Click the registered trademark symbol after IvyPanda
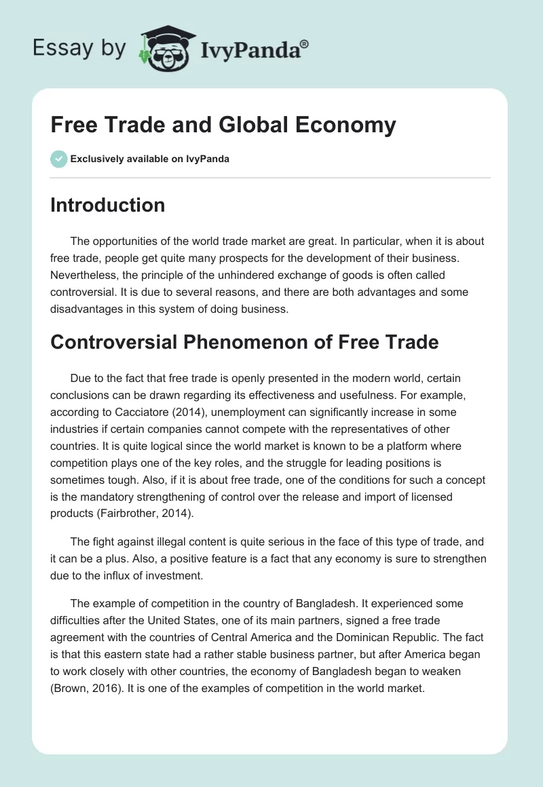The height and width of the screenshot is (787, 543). click(305, 43)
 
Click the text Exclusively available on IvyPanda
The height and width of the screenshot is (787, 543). click(150, 159)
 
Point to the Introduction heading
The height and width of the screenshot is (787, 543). click(107, 205)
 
